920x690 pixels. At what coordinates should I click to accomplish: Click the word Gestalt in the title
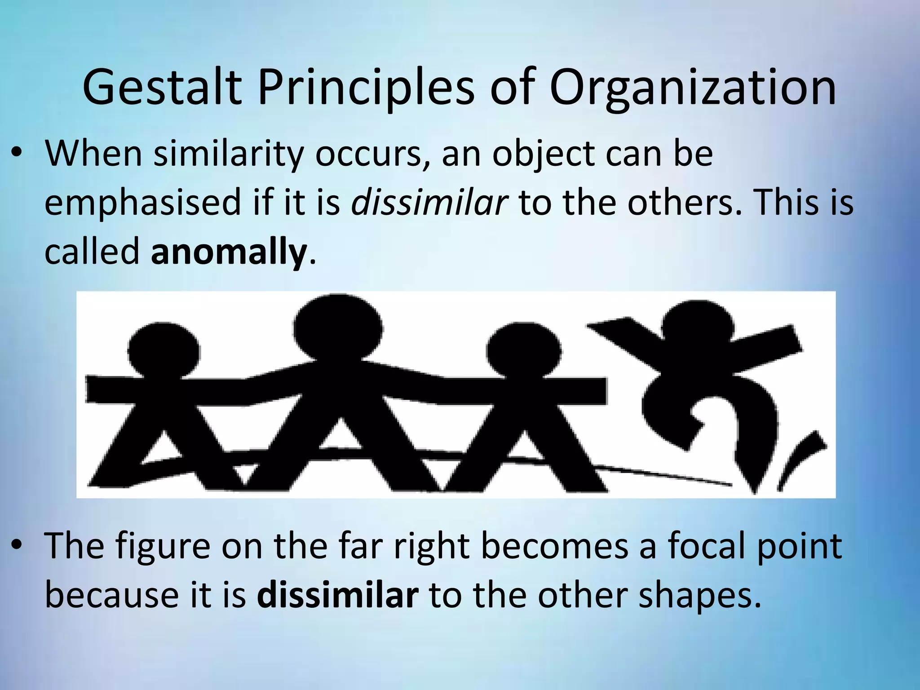point(162,88)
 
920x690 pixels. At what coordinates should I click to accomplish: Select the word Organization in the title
point(693,88)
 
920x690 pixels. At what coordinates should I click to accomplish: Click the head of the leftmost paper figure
point(164,350)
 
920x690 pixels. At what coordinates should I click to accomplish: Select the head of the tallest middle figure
point(338,328)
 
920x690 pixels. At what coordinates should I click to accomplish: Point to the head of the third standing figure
point(524,351)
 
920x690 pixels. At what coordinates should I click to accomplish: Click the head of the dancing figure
point(696,326)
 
